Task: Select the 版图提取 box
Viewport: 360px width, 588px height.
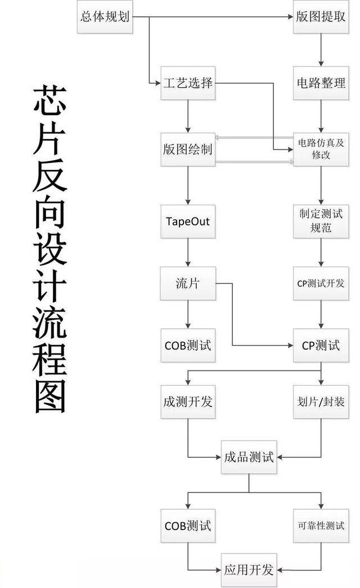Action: (x=321, y=16)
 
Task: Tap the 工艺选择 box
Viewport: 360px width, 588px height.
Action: (x=188, y=84)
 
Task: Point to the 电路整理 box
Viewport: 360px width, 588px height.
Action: (x=321, y=84)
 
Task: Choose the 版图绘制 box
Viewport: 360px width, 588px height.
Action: (x=188, y=150)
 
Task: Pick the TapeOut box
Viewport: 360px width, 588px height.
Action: (x=188, y=221)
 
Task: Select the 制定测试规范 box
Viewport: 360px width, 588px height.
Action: (x=321, y=221)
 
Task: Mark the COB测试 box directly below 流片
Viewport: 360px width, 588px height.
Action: (x=188, y=345)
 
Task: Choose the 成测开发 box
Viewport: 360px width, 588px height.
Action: (x=188, y=402)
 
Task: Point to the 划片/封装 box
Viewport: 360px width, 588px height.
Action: (x=321, y=402)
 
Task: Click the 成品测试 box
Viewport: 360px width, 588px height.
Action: (x=248, y=457)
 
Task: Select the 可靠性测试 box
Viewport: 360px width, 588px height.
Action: (x=321, y=526)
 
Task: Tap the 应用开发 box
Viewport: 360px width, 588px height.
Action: (x=248, y=570)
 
